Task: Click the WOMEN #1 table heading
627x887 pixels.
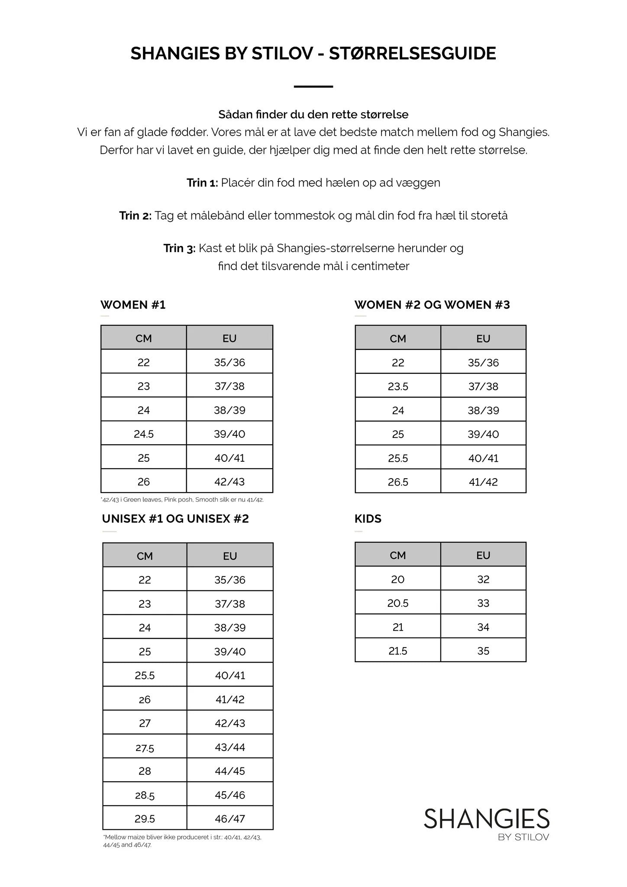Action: pyautogui.click(x=133, y=305)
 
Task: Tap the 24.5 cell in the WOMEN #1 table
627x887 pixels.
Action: pyautogui.click(x=144, y=434)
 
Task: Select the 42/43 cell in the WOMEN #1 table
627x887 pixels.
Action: pyautogui.click(x=229, y=482)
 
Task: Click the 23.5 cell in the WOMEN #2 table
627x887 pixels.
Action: pyautogui.click(x=398, y=386)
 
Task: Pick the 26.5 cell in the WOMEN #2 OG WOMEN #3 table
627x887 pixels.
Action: pyautogui.click(x=398, y=482)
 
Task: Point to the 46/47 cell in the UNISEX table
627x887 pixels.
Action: pyautogui.click(x=230, y=819)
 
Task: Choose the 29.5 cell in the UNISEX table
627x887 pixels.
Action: pyautogui.click(x=145, y=819)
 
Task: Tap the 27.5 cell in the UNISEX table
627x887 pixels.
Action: pyautogui.click(x=145, y=747)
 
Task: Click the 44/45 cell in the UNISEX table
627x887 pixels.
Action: pyautogui.click(x=230, y=771)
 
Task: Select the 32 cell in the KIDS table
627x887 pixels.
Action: pyautogui.click(x=483, y=579)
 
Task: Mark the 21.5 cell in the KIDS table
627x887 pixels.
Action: pyautogui.click(x=398, y=651)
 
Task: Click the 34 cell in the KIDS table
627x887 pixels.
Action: pyautogui.click(x=483, y=627)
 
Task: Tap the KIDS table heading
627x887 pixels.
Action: pyautogui.click(x=368, y=519)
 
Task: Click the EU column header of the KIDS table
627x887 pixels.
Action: pyautogui.click(x=483, y=555)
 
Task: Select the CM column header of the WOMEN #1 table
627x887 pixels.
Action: pyautogui.click(x=144, y=338)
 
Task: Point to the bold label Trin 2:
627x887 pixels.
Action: pyautogui.click(x=136, y=216)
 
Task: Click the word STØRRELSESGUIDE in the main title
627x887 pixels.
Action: pyautogui.click(x=412, y=54)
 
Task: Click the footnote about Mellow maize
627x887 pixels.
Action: pyautogui.click(x=182, y=841)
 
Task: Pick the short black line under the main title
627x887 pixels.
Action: pyautogui.click(x=313, y=87)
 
